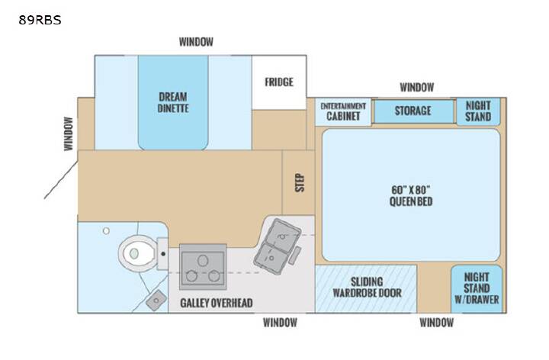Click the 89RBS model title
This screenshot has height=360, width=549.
pyautogui.click(x=40, y=20)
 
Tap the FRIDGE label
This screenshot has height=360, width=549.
pyautogui.click(x=279, y=82)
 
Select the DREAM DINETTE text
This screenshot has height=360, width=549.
pyautogui.click(x=173, y=102)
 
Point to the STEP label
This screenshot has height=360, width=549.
pyautogui.click(x=300, y=182)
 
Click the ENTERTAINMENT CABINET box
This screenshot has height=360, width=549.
pyautogui.click(x=343, y=112)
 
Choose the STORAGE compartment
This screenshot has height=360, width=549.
pyautogui.click(x=413, y=111)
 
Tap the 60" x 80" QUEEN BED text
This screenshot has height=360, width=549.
pyautogui.click(x=411, y=195)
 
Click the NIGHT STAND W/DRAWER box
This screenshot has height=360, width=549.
pyautogui.click(x=477, y=289)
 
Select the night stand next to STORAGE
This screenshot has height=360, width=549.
pyautogui.click(x=478, y=111)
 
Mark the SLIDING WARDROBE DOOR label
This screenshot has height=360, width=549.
pyautogui.click(x=367, y=287)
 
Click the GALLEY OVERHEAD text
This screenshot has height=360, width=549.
pyautogui.click(x=217, y=303)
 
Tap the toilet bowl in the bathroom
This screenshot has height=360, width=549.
pyautogui.click(x=137, y=253)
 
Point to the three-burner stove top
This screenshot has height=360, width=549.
pyautogui.click(x=203, y=267)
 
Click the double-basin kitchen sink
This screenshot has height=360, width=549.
pyautogui.click(x=278, y=246)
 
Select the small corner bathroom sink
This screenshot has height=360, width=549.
pyautogui.click(x=156, y=300)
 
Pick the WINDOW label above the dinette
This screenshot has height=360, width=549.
pyautogui.click(x=196, y=42)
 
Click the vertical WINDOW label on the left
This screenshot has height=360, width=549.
pyautogui.click(x=69, y=133)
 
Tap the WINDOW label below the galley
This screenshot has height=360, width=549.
pyautogui.click(x=280, y=323)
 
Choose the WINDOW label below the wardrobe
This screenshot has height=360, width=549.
pyautogui.click(x=437, y=323)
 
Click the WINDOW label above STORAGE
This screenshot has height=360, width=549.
pyautogui.click(x=417, y=87)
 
